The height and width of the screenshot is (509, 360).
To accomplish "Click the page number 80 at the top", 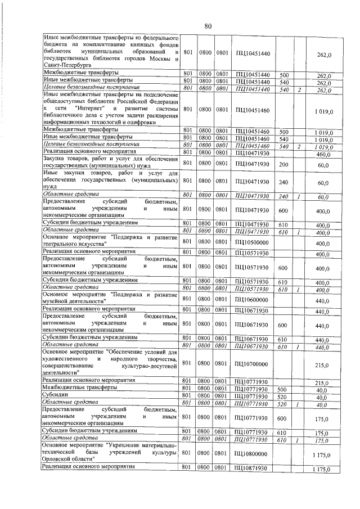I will [208, 26].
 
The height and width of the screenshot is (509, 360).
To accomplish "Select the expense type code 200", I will [283, 165].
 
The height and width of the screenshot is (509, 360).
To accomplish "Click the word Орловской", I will [62, 460].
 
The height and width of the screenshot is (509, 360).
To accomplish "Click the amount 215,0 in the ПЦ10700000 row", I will [322, 364].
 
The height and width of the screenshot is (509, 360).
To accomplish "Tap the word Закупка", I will [57, 161].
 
